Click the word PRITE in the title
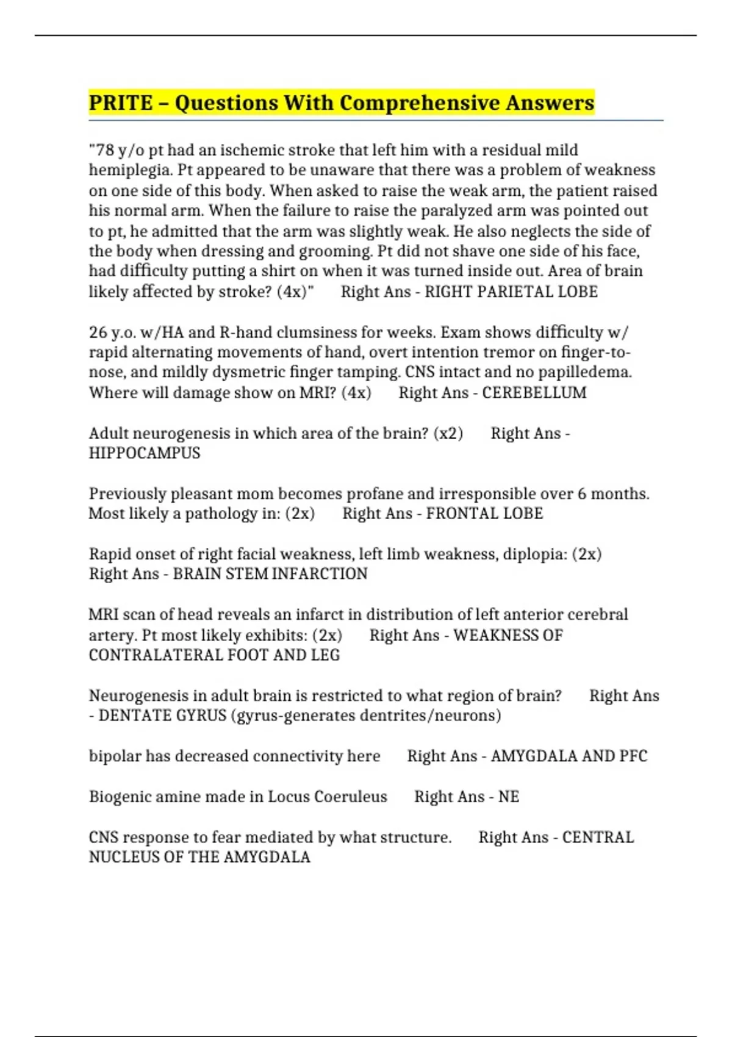(x=120, y=102)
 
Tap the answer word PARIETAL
(x=512, y=292)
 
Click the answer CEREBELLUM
(x=534, y=392)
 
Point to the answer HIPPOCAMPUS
(x=145, y=453)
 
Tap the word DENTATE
(x=129, y=715)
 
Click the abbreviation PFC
(x=633, y=756)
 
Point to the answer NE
(x=509, y=797)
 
